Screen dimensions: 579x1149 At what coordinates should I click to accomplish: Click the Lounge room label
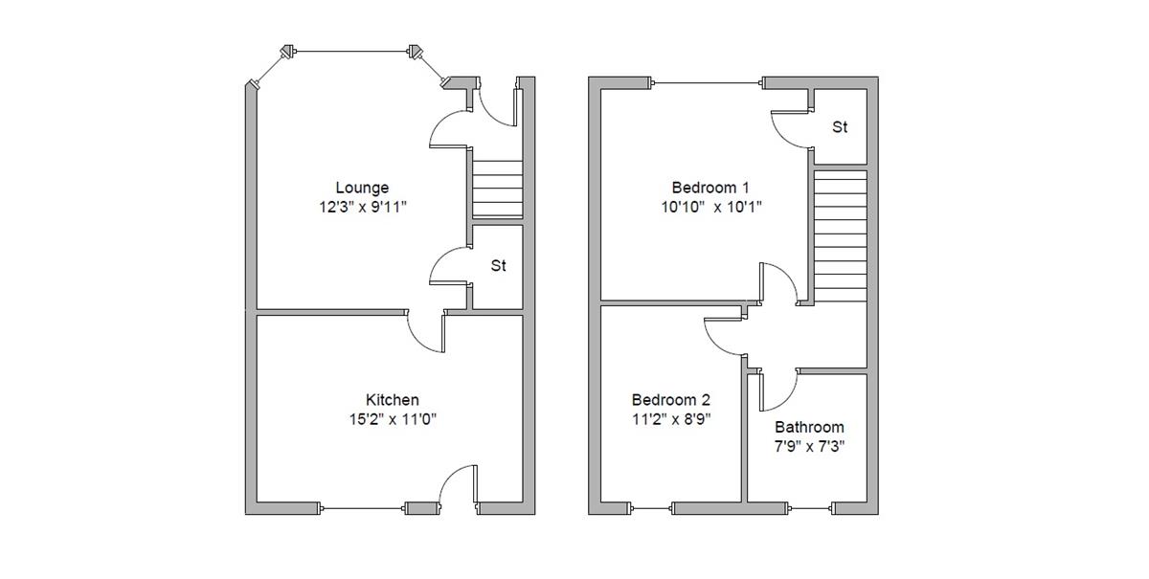[362, 188]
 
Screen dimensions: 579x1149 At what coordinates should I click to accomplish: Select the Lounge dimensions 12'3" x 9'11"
[362, 206]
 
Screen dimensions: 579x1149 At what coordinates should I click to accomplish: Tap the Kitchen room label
[392, 400]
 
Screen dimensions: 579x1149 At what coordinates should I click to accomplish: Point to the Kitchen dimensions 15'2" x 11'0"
[392, 418]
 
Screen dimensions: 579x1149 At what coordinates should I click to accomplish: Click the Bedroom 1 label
[710, 188]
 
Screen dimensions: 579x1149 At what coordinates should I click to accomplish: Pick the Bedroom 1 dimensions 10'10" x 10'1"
[710, 206]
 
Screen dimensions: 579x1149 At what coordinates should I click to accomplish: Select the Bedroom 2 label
[670, 400]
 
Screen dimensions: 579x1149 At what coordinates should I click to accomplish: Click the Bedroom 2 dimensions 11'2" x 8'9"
[670, 418]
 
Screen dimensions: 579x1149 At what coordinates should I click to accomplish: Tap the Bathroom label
[809, 428]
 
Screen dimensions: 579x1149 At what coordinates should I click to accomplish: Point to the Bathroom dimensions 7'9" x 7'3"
[809, 446]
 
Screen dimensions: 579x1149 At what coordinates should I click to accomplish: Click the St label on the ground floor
[498, 267]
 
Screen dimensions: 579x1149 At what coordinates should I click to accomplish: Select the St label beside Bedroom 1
[840, 127]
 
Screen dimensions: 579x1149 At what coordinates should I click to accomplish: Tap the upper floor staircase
[840, 235]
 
